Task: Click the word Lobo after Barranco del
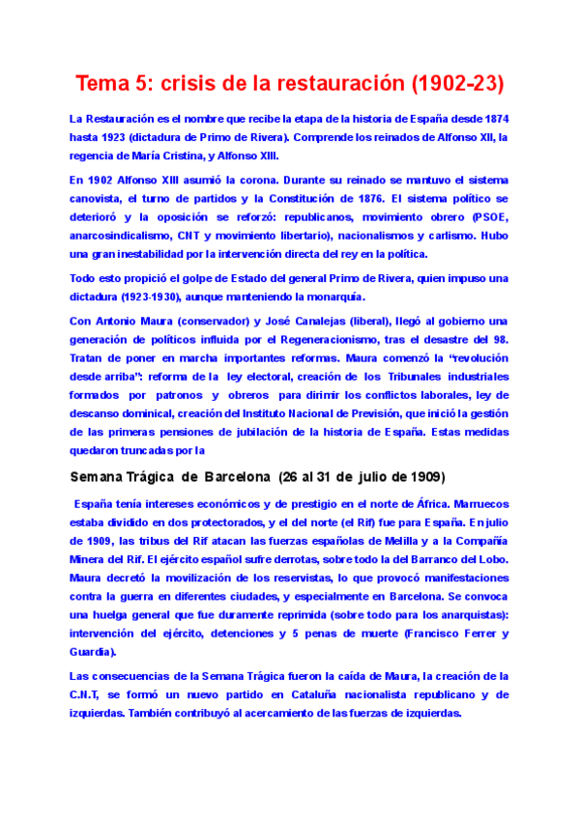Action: pyautogui.click(x=490, y=559)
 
